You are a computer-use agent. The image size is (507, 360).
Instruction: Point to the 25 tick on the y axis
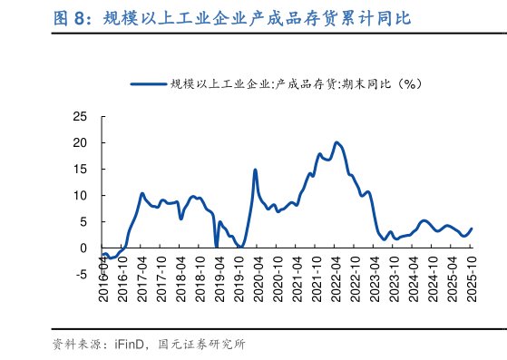tap(80, 117)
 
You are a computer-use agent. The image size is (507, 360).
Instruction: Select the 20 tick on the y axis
tap(80, 143)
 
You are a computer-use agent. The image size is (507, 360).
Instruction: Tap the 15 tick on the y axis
tap(80, 170)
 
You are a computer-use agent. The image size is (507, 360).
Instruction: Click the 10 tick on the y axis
tap(80, 196)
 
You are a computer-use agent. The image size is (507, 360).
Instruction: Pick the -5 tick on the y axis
tap(80, 274)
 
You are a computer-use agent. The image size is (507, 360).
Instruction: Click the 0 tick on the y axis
tap(83, 248)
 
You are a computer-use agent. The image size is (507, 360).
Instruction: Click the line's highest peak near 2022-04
tap(336, 142)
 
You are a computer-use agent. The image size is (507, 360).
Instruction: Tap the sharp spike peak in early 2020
tap(255, 170)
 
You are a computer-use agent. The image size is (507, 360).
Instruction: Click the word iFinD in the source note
tap(127, 344)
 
